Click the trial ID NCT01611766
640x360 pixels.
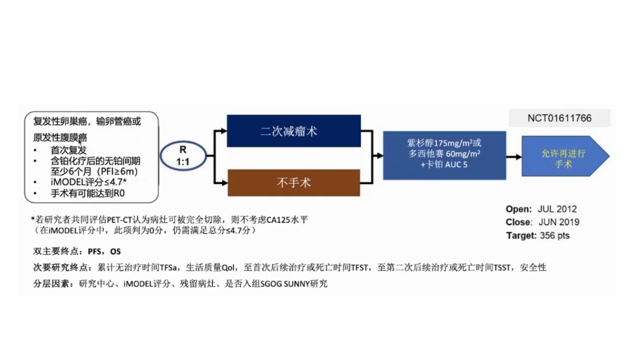[559, 118]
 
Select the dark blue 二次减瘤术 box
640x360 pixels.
[293, 131]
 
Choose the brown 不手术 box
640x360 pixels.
[293, 182]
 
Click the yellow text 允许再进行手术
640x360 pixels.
[563, 158]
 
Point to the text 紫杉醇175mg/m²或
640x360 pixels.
[444, 142]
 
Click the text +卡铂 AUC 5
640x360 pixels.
[444, 164]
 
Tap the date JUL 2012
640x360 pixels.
[557, 209]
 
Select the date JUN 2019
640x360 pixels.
[559, 222]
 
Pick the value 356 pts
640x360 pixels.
[554, 235]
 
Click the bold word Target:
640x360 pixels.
[521, 235]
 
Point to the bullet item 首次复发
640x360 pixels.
[68, 150]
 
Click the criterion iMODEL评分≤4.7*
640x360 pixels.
[88, 182]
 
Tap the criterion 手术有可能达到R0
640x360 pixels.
[87, 193]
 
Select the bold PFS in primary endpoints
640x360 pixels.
[94, 251]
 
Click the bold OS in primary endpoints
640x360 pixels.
[115, 251]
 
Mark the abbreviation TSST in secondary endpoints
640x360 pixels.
[502, 267]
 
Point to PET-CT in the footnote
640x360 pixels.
[119, 219]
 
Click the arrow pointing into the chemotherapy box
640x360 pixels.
[378, 155]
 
